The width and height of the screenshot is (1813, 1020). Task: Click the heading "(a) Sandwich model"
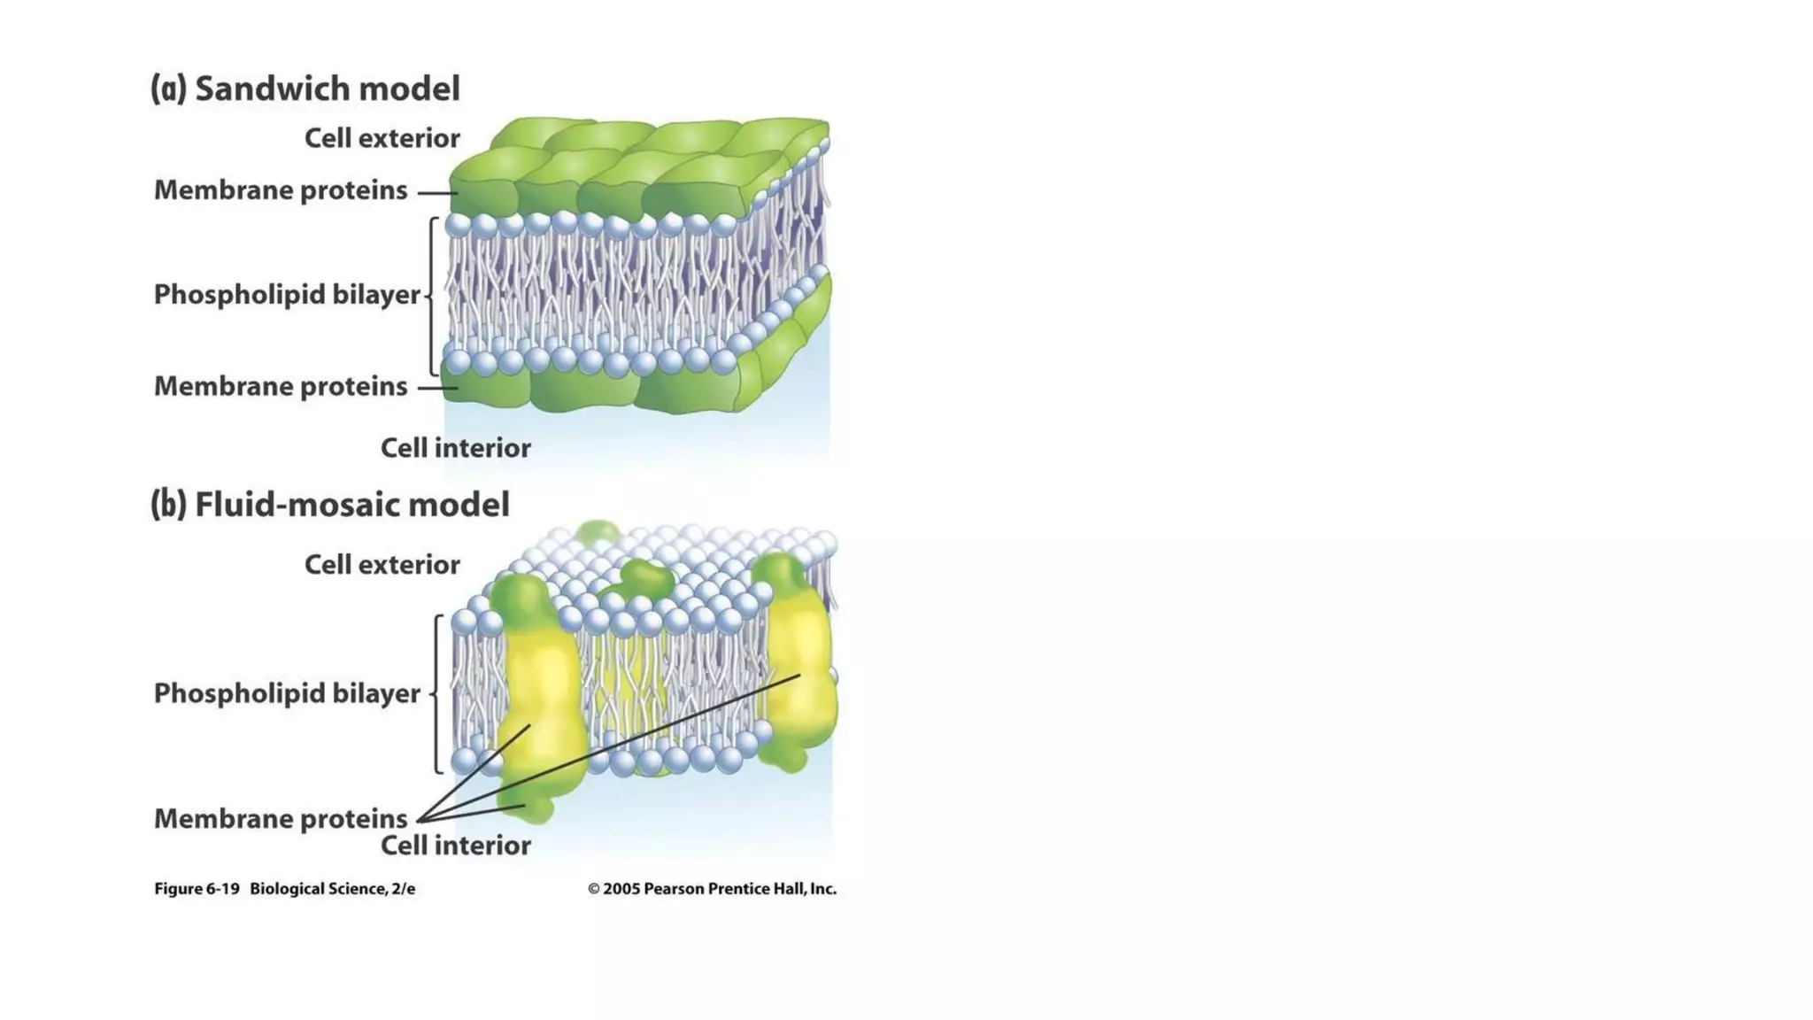[305, 89]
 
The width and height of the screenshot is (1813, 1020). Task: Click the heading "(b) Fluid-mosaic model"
[330, 505]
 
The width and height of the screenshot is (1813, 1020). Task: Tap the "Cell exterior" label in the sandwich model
[382, 138]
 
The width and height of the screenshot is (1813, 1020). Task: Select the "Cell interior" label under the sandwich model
[455, 448]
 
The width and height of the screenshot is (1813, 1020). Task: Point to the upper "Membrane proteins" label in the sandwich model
[281, 190]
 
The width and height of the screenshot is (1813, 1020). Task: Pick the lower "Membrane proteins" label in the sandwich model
[281, 387]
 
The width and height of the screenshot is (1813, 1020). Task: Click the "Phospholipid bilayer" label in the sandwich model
[287, 295]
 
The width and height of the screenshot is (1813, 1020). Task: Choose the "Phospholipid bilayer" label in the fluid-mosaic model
[287, 693]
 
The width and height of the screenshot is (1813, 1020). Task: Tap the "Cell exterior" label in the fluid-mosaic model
[382, 565]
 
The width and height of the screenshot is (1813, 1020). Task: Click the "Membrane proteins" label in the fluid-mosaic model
[281, 819]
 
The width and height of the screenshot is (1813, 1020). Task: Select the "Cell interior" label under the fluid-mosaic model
[455, 846]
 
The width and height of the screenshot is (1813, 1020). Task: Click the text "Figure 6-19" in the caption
[197, 889]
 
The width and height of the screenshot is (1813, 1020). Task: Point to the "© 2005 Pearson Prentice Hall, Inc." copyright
[712, 889]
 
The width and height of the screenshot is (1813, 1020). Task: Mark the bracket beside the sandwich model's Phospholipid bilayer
[432, 297]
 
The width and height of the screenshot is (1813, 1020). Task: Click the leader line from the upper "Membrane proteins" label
[436, 192]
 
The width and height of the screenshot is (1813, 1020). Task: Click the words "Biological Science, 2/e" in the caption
[332, 889]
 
